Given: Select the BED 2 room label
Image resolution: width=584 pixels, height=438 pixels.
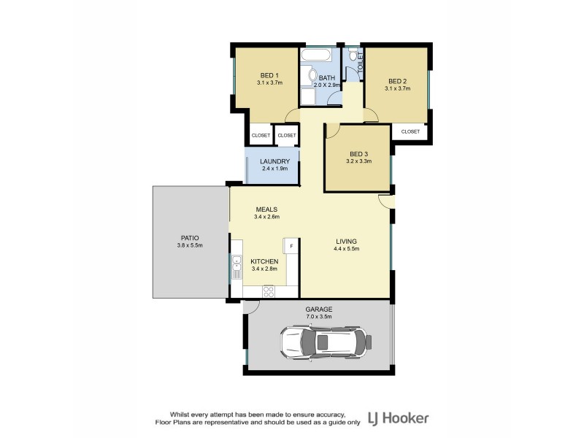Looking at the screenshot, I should pos(397,81).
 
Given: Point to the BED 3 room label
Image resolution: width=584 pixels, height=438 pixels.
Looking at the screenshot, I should pos(358,153).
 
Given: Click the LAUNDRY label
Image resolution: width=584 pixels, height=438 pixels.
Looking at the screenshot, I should pos(275,161).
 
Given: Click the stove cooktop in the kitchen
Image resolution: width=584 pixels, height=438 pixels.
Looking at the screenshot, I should pos(268,291).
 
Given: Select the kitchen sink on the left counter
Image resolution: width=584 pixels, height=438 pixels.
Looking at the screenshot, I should pos(237,268).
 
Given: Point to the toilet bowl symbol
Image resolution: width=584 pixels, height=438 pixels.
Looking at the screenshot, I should pos(353,55).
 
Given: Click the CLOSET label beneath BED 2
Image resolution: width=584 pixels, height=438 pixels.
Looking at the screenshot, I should pos(410,131).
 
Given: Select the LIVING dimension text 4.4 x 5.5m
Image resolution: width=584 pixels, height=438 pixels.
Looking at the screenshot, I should pos(347,249).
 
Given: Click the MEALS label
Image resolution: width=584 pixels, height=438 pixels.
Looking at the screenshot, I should pos(266,209).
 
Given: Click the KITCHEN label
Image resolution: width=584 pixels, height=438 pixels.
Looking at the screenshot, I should pos(264,261).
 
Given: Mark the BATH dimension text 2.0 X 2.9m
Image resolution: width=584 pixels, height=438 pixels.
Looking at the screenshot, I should pos(326,85).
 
